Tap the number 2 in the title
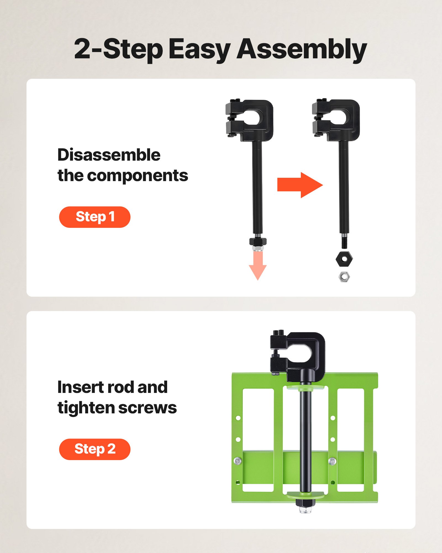(x=82, y=49)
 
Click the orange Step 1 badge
(x=95, y=217)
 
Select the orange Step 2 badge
(x=95, y=449)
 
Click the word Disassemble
(x=109, y=155)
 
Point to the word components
(x=137, y=176)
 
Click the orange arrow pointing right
(x=300, y=185)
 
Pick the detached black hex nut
(x=344, y=259)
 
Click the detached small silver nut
(x=344, y=276)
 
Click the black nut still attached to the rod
(x=258, y=241)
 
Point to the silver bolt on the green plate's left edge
(x=238, y=461)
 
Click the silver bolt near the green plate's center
(x=332, y=461)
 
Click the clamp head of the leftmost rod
(x=250, y=120)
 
